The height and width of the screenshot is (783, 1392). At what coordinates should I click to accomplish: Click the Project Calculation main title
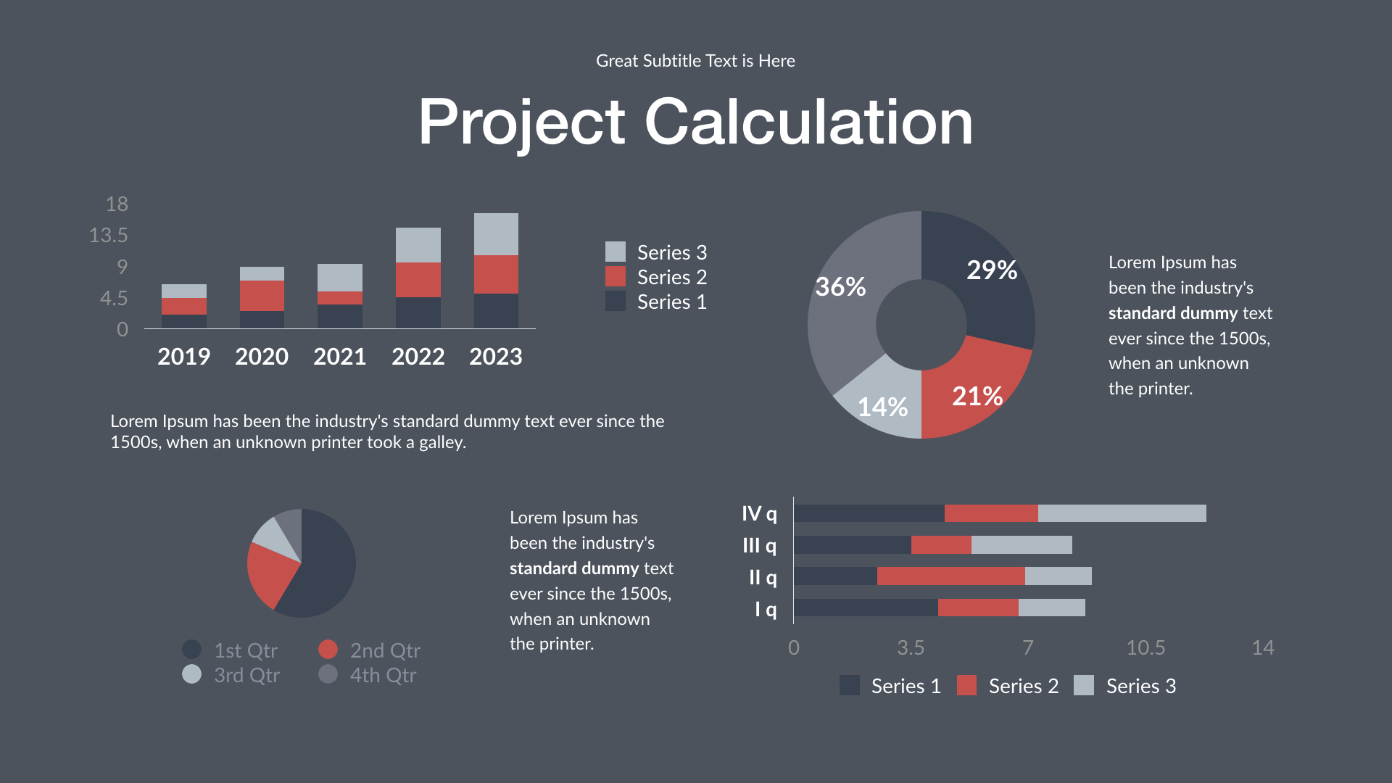(695, 122)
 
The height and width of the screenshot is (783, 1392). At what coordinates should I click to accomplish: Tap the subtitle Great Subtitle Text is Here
(695, 61)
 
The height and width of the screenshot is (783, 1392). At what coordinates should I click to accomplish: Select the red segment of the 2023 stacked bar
(496, 274)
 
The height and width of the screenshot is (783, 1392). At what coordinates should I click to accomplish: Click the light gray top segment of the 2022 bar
(418, 245)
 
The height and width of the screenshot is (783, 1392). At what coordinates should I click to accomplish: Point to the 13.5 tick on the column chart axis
(108, 235)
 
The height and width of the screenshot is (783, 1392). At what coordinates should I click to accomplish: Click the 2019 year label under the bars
(183, 357)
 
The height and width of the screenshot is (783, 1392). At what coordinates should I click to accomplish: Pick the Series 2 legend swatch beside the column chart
(615, 277)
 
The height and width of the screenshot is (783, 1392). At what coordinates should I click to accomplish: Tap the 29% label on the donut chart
(991, 270)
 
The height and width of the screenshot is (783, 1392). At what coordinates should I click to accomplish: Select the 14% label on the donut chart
(882, 407)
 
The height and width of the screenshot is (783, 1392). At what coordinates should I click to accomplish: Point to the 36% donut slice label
(840, 287)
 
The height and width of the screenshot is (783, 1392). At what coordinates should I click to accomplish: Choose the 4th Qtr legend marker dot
(328, 674)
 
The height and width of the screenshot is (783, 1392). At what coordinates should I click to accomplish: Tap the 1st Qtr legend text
(246, 650)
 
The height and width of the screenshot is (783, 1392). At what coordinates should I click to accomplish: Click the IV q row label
(758, 514)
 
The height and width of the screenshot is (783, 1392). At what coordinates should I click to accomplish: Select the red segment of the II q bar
(950, 576)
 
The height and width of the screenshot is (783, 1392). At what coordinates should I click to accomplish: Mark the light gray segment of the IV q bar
(1122, 513)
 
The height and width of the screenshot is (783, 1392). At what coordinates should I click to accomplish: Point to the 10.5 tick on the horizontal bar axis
(1145, 647)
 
